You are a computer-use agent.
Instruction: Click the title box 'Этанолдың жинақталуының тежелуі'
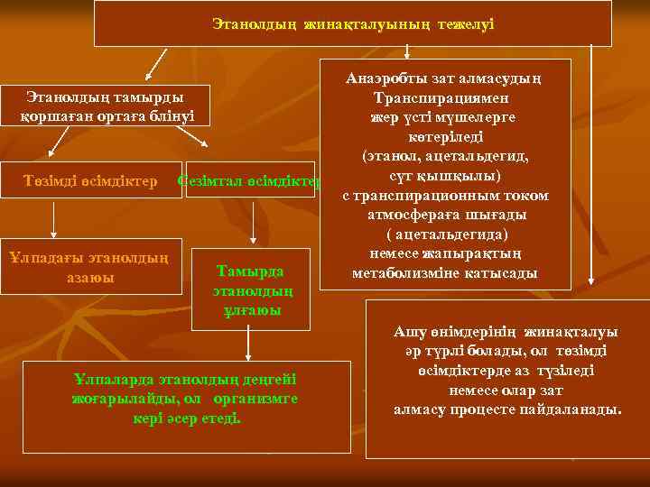(353, 23)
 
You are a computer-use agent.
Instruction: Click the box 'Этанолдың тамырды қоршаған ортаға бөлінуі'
(106, 106)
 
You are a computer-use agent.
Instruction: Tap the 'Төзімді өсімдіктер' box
(89, 180)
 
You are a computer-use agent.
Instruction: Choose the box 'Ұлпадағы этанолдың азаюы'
(90, 267)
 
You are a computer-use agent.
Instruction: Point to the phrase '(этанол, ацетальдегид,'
(445, 156)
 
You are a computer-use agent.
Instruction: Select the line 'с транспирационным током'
(445, 195)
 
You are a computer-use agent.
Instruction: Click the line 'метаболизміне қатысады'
(445, 272)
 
